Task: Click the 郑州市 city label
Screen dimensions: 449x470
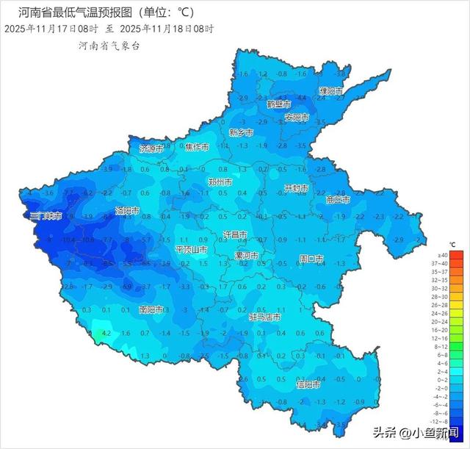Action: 220,182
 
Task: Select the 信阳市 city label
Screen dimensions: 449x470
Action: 308,384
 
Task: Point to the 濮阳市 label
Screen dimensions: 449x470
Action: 330,91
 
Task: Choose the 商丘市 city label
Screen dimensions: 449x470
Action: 338,199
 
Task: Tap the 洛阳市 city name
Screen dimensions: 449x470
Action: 127,211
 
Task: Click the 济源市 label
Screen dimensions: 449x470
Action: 151,148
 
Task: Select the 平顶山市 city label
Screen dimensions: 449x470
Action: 192,250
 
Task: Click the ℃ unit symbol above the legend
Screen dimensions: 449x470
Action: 452,244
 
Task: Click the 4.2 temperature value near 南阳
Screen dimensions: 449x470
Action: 106,333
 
